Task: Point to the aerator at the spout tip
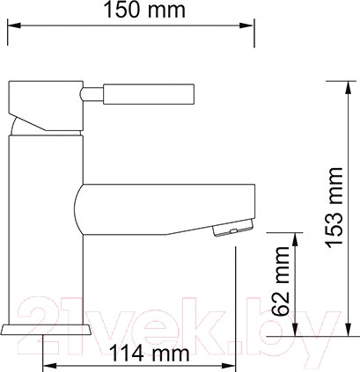tap(228, 231)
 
